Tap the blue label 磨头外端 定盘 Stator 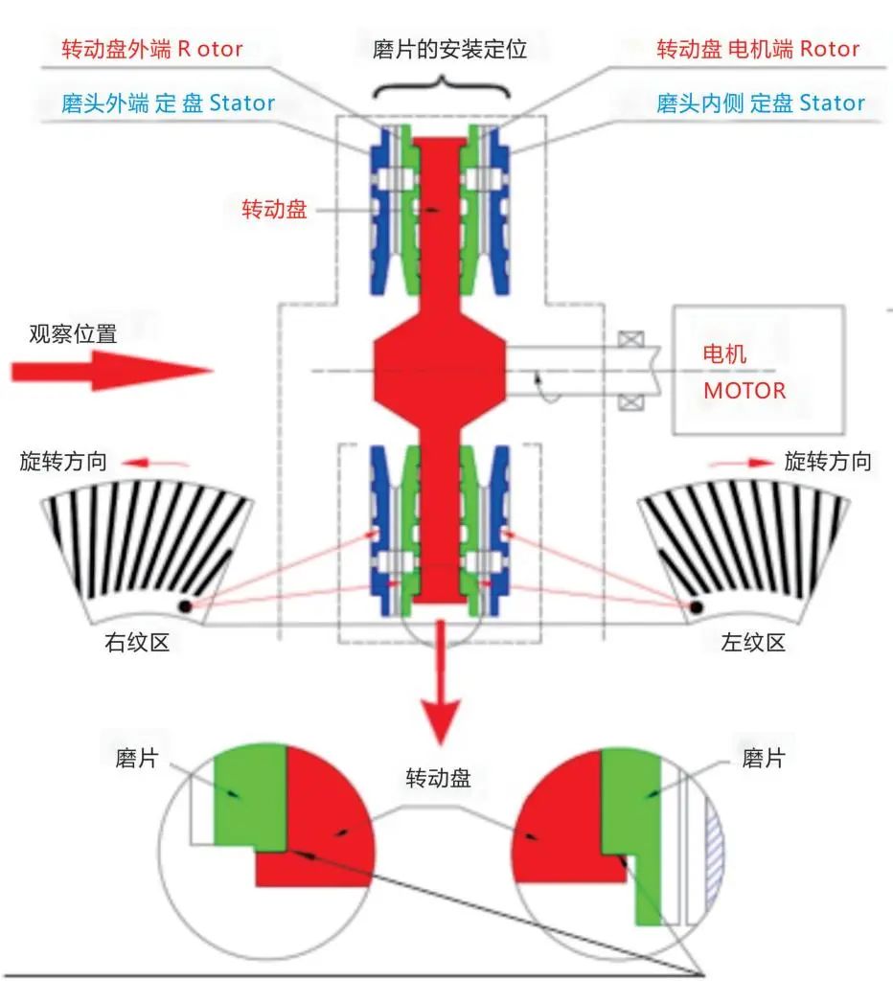[168, 103]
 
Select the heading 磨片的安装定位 [449, 49]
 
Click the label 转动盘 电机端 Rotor [757, 48]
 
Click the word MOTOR [744, 391]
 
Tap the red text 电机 [725, 353]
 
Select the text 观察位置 [73, 334]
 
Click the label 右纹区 [137, 643]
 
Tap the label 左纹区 [752, 643]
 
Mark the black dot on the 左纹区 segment [698, 606]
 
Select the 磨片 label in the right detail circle [764, 759]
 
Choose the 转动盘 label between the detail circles [439, 777]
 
